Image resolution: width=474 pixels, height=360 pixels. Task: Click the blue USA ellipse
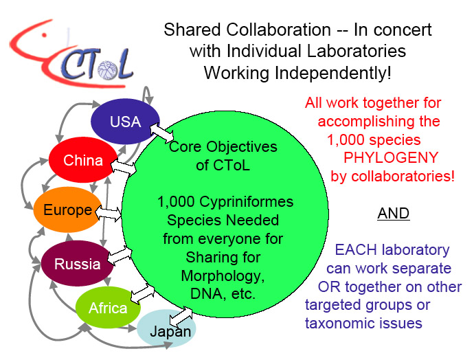pos(125,121)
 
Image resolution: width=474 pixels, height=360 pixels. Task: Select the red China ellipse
pos(83,159)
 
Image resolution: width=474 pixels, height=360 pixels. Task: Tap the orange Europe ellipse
pos(68,210)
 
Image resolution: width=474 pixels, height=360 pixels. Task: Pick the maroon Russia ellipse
pos(77,263)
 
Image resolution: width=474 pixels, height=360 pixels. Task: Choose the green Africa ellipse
pos(108,307)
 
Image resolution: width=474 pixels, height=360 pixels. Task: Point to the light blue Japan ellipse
pos(166,329)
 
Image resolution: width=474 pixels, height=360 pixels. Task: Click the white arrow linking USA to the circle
pos(161,133)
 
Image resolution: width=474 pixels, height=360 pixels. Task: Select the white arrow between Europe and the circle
pos(109,214)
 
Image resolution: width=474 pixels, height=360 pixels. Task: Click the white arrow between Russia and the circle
pos(120,255)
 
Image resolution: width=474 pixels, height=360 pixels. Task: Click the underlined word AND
pos(394,214)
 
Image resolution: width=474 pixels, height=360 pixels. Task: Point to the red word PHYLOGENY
pos(391,157)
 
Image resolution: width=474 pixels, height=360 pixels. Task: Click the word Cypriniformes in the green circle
pos(247,202)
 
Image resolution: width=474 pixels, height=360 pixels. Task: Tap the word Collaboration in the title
pos(278,30)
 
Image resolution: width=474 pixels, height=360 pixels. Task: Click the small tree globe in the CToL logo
pos(108,70)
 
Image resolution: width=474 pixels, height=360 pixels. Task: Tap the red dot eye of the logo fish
pos(44,35)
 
